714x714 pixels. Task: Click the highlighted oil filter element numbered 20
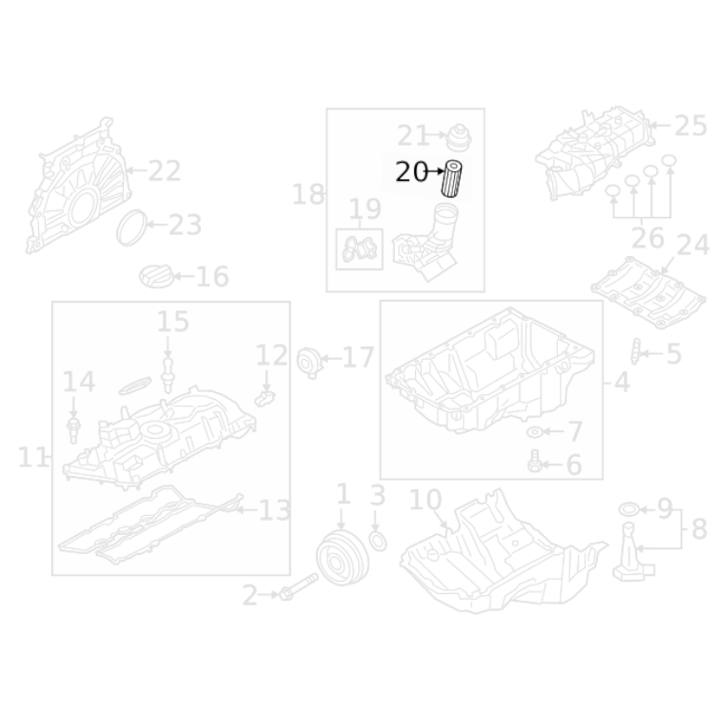(x=451, y=179)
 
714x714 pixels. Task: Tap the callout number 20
(x=411, y=172)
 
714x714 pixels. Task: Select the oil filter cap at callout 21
(x=459, y=137)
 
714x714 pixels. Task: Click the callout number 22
(x=165, y=170)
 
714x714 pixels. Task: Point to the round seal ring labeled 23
(x=132, y=228)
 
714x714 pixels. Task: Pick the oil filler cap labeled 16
(x=156, y=275)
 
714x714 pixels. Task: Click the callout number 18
(x=308, y=194)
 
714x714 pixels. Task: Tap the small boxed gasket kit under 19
(x=359, y=249)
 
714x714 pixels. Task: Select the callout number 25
(x=690, y=126)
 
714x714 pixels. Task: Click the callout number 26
(x=647, y=237)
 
